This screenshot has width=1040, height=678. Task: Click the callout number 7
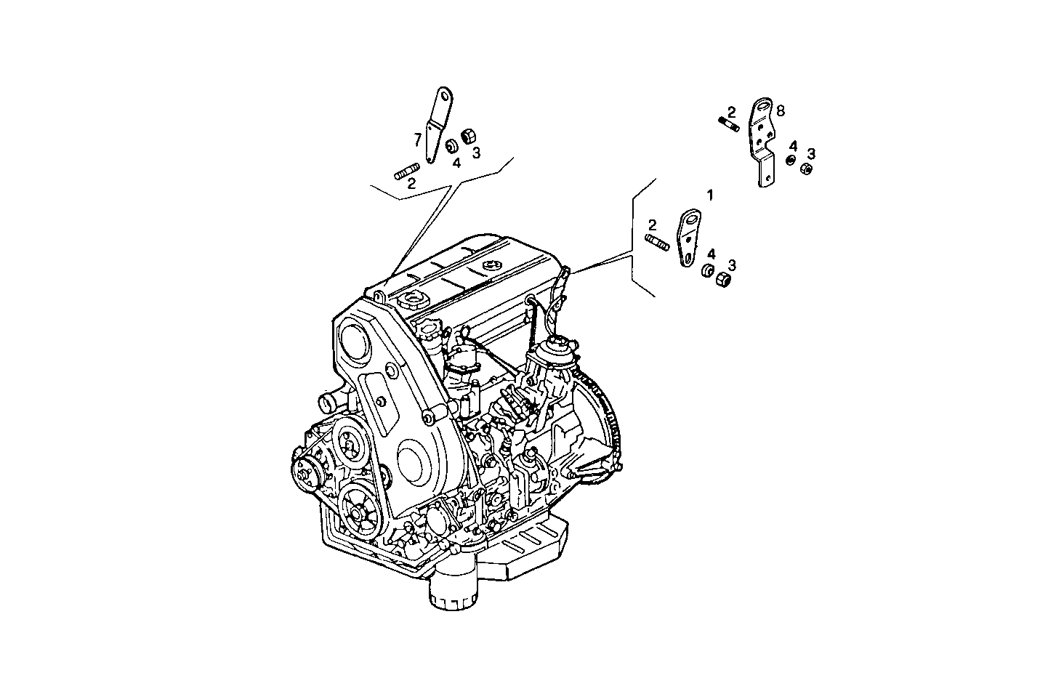coord(417,138)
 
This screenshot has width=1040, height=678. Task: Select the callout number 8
coord(781,110)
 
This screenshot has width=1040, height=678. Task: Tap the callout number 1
coord(710,195)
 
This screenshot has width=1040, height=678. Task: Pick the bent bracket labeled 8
coord(763,142)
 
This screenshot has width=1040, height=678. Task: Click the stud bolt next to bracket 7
coord(405,172)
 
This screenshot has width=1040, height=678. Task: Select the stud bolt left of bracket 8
coord(728,124)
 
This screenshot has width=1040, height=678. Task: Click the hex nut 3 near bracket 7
coord(468,135)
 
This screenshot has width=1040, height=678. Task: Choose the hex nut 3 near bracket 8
coord(805,169)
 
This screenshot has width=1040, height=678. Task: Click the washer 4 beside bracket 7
coord(451,145)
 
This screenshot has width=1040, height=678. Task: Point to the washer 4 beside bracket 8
coord(791,161)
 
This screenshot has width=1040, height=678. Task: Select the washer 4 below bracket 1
coord(705,272)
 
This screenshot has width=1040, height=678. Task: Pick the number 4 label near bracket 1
coord(711,254)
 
